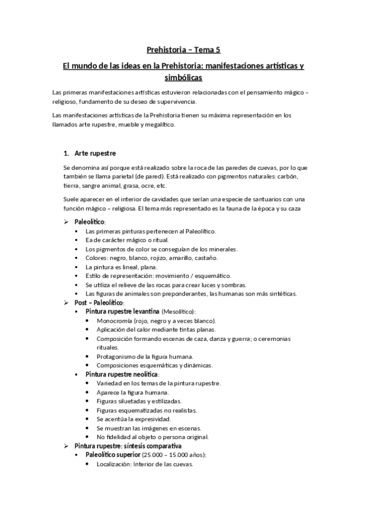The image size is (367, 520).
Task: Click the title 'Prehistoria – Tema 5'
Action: [183, 51]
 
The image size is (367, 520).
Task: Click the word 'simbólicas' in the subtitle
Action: [183, 78]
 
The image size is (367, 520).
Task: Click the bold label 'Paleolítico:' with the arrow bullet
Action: [90, 221]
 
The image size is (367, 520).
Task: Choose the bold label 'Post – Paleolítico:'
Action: [99, 303]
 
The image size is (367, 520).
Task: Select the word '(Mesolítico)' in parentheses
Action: [174, 312]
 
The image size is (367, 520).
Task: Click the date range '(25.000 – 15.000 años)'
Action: [173, 455]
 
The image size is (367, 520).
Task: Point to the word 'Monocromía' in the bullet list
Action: [115, 321]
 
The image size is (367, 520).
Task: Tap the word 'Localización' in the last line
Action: [115, 464]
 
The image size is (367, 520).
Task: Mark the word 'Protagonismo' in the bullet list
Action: [117, 356]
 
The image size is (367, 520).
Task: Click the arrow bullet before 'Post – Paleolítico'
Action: [67, 303]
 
